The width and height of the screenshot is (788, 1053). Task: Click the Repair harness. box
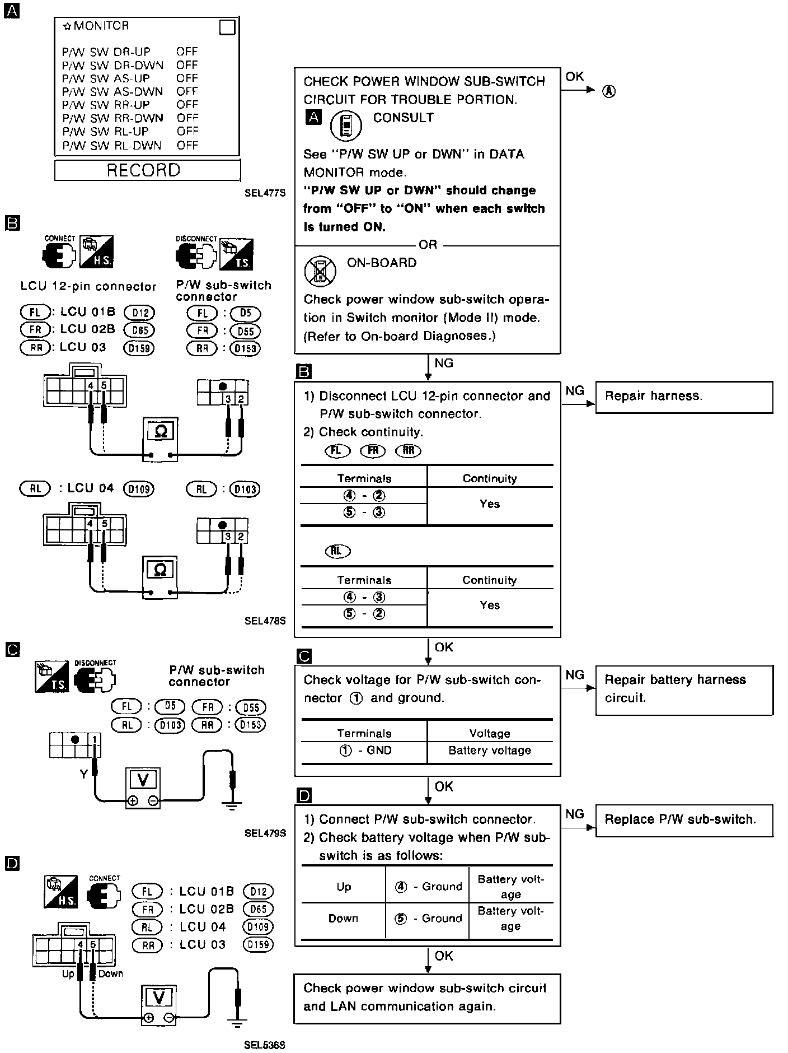coord(684,397)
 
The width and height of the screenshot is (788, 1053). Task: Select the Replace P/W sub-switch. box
coord(684,821)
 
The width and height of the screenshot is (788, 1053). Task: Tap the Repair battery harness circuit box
coord(684,689)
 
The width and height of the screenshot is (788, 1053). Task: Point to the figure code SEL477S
coord(265,193)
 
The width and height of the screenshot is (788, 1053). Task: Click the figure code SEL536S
coord(265,1045)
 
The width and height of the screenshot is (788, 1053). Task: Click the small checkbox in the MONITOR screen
coord(227,27)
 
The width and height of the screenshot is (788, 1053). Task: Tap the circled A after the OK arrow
coord(609,91)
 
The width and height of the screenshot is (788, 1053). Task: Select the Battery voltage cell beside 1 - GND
coord(490,751)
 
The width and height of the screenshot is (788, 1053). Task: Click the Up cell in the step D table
coord(344,887)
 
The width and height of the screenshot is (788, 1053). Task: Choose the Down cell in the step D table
coord(343,919)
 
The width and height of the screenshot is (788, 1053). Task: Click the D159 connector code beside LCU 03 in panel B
coord(139,348)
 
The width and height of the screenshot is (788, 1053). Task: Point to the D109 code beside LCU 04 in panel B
coord(138,489)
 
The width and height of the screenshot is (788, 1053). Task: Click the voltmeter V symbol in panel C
coord(143,780)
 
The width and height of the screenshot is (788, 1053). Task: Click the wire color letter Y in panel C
coord(84,774)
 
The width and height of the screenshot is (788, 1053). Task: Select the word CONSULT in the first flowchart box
coord(404,118)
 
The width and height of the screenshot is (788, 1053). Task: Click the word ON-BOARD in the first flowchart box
coord(382,263)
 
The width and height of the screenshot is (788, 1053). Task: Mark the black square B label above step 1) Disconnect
coord(303,371)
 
